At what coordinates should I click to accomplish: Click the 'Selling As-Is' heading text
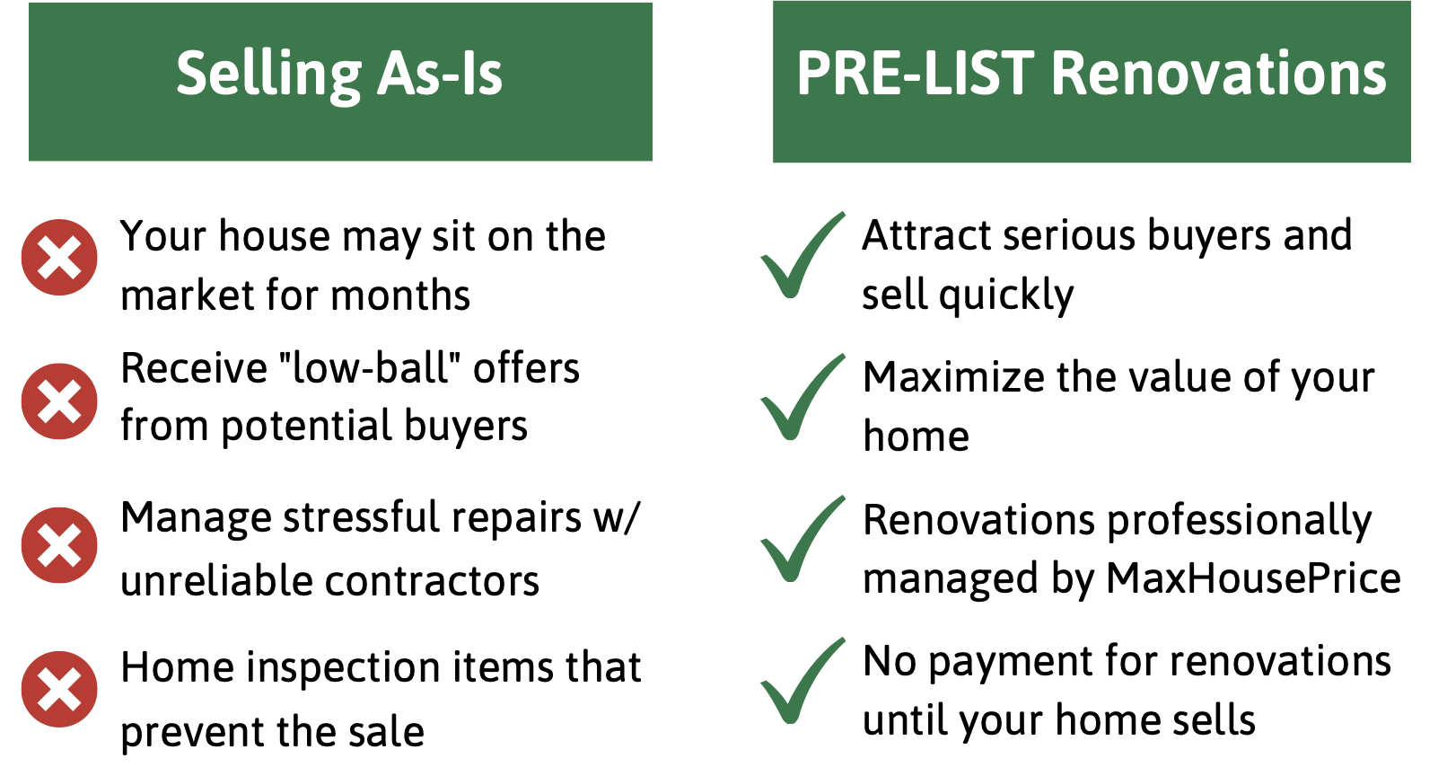pyautogui.click(x=339, y=75)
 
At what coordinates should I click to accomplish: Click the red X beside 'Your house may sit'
pyautogui.click(x=59, y=257)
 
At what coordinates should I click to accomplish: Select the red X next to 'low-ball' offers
pyautogui.click(x=59, y=401)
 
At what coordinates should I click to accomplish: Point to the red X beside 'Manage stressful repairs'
pyautogui.click(x=59, y=545)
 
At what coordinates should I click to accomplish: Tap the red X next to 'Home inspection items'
pyautogui.click(x=59, y=689)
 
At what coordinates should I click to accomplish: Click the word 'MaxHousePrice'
pyautogui.click(x=1253, y=578)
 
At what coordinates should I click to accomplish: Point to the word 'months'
pyautogui.click(x=400, y=296)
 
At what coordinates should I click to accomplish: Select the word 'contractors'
pyautogui.click(x=432, y=581)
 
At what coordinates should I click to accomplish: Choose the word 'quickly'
pyautogui.click(x=1006, y=296)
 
